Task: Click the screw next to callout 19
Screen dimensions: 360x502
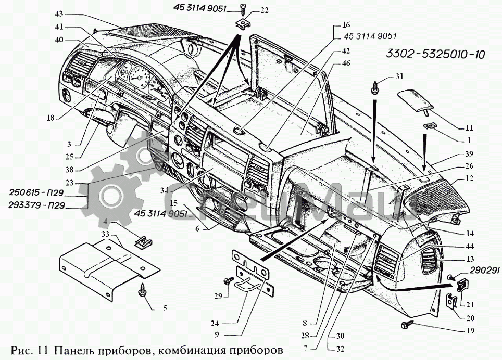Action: [x=406, y=325]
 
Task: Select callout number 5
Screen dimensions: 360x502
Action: [x=165, y=308]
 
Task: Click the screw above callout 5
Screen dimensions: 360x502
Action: [x=142, y=290]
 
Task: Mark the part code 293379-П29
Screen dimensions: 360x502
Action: [x=36, y=205]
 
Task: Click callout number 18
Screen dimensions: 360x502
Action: [x=50, y=118]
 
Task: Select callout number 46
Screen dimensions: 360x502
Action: [x=346, y=63]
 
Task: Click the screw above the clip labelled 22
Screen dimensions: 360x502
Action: [x=245, y=7]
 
